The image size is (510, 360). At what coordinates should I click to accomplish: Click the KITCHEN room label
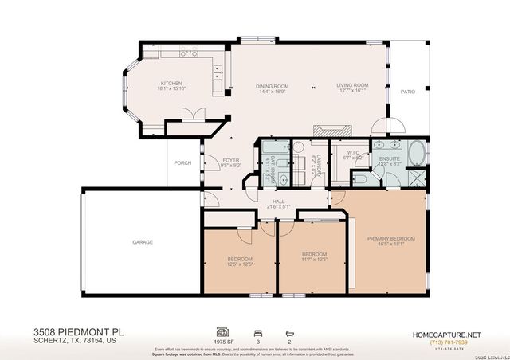pos(171,83)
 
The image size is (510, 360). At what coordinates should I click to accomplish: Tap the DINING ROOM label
pos(272,85)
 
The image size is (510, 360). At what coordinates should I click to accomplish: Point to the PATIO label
pos(407,91)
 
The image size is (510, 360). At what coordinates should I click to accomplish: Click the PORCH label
pos(182,163)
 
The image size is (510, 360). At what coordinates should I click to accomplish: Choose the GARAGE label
pos(143,242)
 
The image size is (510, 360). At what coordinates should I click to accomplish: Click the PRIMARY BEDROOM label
pos(390,239)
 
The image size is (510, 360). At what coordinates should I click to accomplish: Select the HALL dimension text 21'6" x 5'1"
pos(279,206)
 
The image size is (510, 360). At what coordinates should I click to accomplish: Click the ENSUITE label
pos(389,158)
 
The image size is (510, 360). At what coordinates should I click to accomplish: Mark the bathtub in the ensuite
pos(416,152)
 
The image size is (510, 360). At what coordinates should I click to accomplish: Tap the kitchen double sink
pos(216,74)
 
